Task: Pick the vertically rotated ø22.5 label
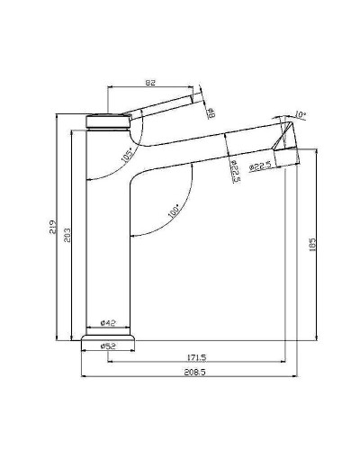[234, 171]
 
